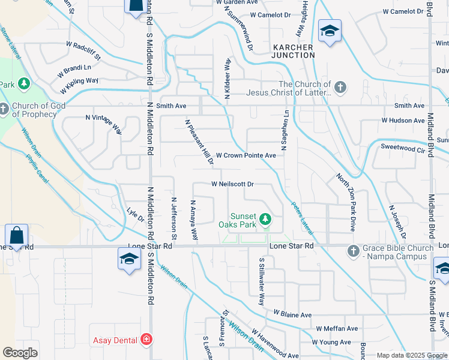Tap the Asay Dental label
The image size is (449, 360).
tap(115, 340)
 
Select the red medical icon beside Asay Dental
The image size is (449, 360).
tap(146, 340)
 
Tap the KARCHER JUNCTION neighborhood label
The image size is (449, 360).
tap(294, 51)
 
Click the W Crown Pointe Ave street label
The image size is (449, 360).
tap(246, 155)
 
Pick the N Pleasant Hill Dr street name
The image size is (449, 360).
tap(199, 142)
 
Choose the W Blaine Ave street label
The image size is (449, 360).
tap(292, 314)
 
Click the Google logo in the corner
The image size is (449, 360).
tap(20, 353)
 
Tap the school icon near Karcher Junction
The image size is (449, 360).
tap(330, 31)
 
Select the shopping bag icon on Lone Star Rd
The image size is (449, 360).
tap(16, 235)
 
